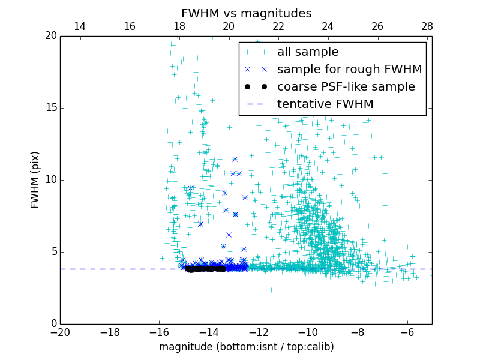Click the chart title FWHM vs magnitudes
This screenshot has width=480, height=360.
point(246,13)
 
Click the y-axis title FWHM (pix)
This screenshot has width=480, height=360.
point(35,179)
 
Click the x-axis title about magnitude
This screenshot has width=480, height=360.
point(246,347)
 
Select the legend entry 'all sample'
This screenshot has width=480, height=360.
point(308,52)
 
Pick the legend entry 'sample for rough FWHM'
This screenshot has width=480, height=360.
point(349,70)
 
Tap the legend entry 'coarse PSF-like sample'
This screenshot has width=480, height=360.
point(346,87)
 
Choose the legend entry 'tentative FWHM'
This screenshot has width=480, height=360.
point(325,104)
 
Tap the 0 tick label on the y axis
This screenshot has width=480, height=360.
point(53,324)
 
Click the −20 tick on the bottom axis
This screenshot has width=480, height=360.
point(60,332)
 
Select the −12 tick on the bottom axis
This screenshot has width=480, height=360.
point(259,332)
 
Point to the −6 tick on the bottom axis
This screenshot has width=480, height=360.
point(407,332)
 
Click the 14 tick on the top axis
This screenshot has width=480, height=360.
point(80,26)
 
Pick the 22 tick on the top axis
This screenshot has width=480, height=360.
point(278,26)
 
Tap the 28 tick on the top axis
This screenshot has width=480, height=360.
point(427,26)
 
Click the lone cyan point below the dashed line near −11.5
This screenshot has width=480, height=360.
point(271,290)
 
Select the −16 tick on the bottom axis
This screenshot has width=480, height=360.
point(159,332)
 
